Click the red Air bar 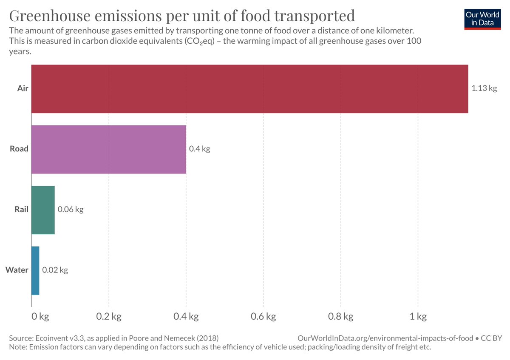(x=249, y=89)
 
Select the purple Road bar (x=109, y=149)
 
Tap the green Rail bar (x=43, y=210)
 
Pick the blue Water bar (x=35, y=270)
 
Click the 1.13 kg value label (x=484, y=88)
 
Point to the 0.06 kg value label (x=71, y=210)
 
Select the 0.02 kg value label (x=55, y=270)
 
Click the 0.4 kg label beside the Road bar (x=200, y=149)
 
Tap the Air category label (x=23, y=88)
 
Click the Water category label (x=17, y=270)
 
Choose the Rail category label (x=21, y=210)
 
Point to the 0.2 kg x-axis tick (x=109, y=317)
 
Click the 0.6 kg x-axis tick (x=263, y=317)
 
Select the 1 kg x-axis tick (x=418, y=317)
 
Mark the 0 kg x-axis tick (x=41, y=317)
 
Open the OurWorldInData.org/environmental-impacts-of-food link (x=385, y=338)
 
